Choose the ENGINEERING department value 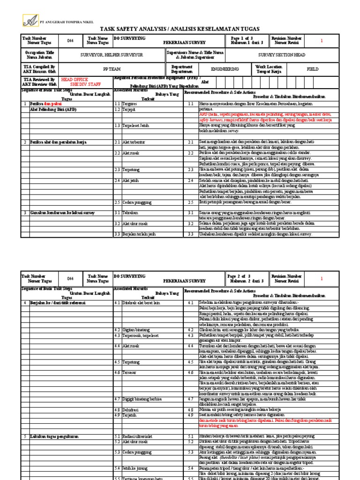pos(225,69)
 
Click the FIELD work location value pos(312,69)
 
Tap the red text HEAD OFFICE pos(74,80)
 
